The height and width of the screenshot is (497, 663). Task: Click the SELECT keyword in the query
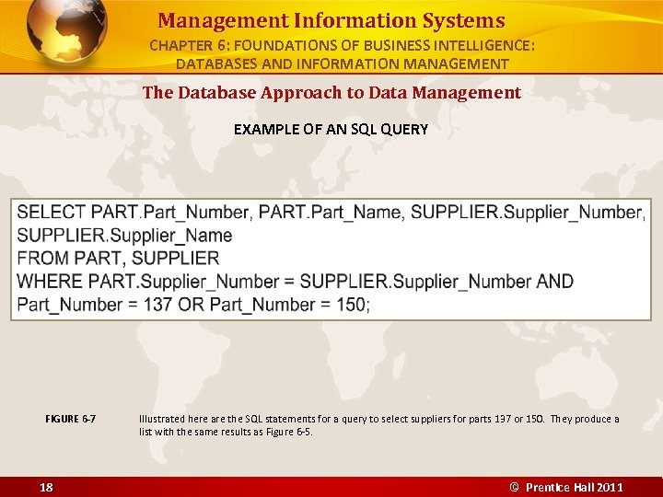pyautogui.click(x=52, y=213)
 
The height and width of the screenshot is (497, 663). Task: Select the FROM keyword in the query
pyautogui.click(x=41, y=259)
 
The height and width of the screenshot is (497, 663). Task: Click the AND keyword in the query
pyautogui.click(x=554, y=282)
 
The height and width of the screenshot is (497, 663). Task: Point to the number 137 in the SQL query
pyautogui.click(x=157, y=305)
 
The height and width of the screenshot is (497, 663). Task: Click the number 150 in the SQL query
pyautogui.click(x=351, y=305)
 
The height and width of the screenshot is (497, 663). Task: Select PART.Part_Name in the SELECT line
pyautogui.click(x=330, y=213)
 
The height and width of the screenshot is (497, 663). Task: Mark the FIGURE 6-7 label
pyautogui.click(x=71, y=419)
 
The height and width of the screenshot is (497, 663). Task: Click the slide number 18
pyautogui.click(x=46, y=487)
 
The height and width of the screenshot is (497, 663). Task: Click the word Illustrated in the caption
pyautogui.click(x=160, y=419)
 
